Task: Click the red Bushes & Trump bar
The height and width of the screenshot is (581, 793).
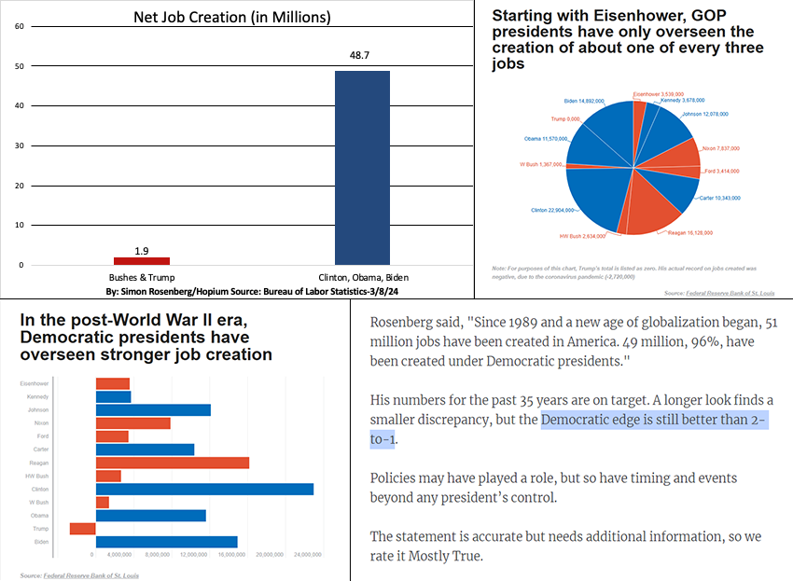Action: [x=142, y=260]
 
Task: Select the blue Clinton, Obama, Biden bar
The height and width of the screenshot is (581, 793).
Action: [x=362, y=168]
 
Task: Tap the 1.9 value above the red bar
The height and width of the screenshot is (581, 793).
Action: [x=142, y=250]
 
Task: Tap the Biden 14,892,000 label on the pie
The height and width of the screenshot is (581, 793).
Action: [x=588, y=101]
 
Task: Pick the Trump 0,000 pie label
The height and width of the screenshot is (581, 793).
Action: [x=565, y=118]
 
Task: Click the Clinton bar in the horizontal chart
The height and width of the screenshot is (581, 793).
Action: [x=204, y=489]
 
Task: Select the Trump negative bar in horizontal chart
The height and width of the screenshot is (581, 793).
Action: [x=82, y=529]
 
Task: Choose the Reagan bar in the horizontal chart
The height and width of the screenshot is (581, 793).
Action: [x=173, y=463]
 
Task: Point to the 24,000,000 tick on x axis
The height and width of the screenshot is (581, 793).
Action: [x=307, y=555]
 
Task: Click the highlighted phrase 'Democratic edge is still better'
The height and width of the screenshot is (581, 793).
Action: [x=653, y=420]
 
